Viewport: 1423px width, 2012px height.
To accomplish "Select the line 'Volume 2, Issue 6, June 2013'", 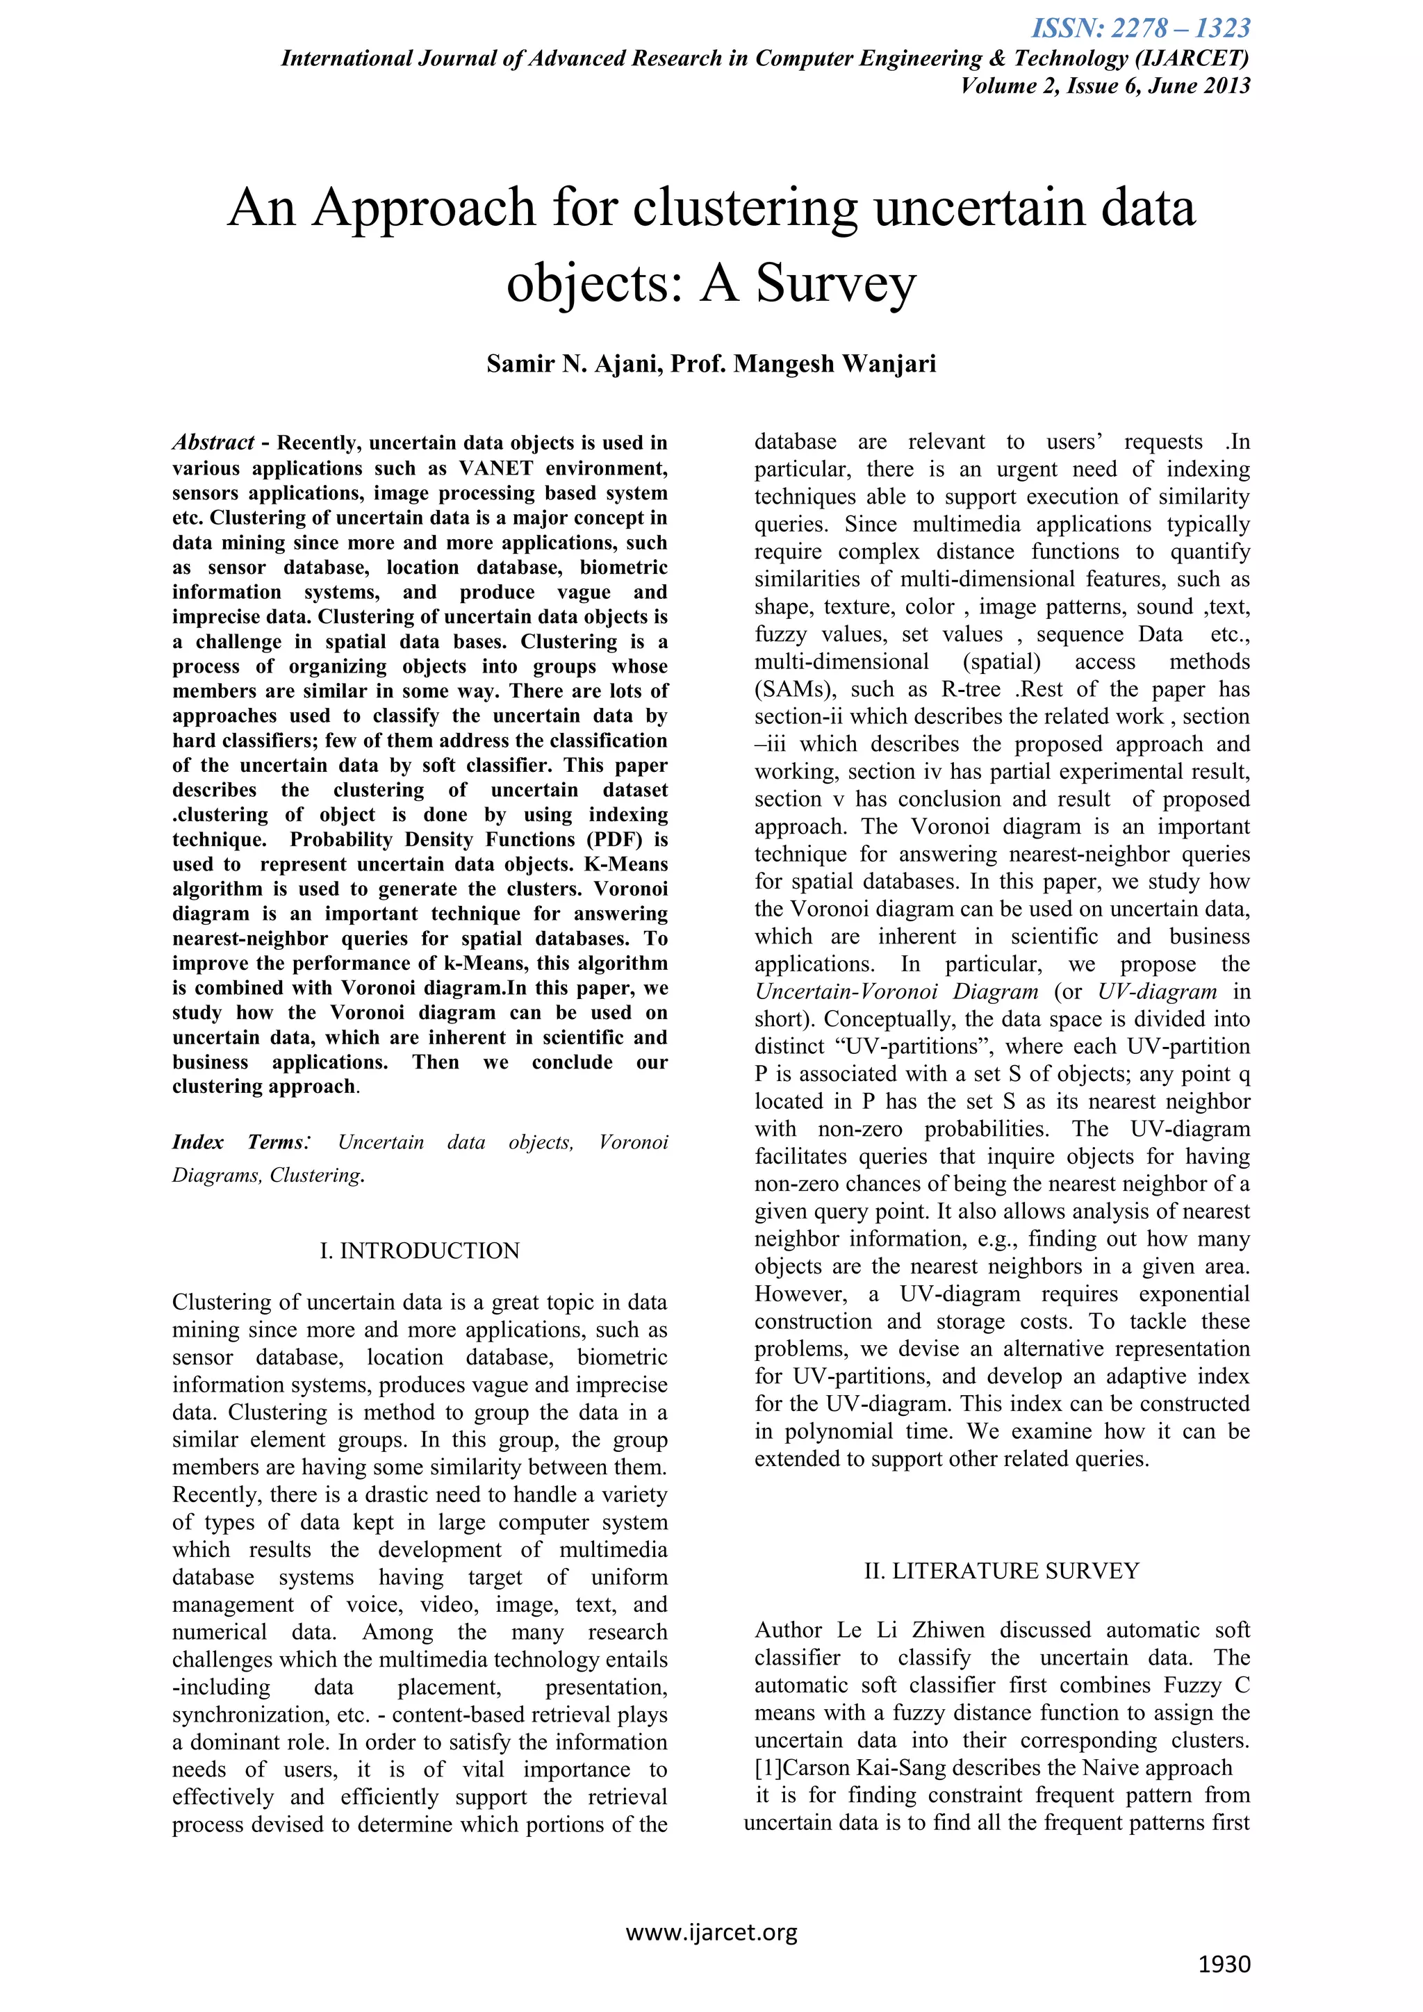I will tap(1105, 86).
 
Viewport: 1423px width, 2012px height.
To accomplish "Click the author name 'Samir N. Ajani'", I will tap(575, 363).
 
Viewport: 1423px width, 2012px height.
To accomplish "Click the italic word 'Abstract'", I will tap(213, 443).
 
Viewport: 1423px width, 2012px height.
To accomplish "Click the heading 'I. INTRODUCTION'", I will tap(420, 1251).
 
